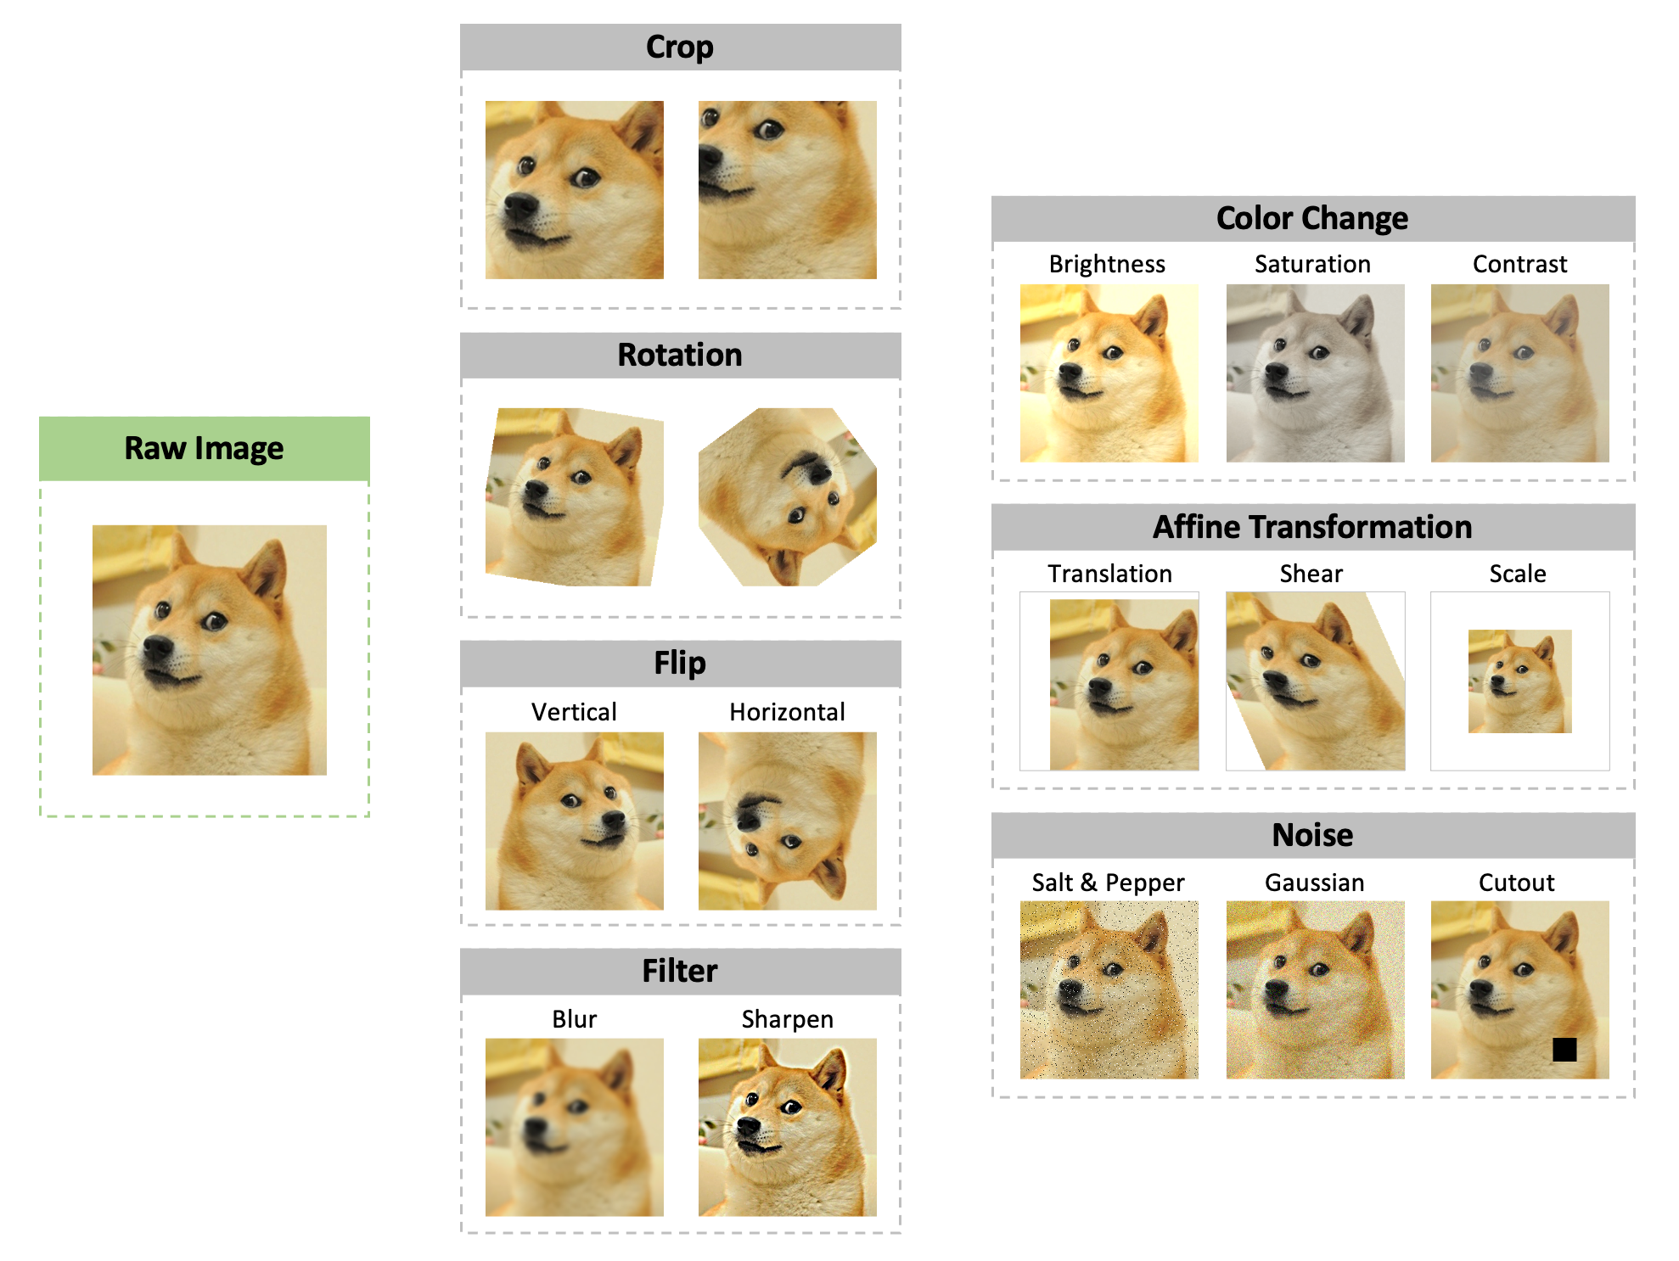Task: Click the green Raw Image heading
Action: pos(204,448)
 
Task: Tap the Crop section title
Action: pos(680,47)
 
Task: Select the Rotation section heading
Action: pos(680,355)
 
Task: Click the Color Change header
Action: pos(1312,218)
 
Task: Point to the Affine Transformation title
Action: pos(1312,527)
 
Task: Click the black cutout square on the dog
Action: pos(1564,1050)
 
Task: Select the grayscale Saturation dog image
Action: pos(1315,373)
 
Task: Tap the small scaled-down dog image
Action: pos(1520,681)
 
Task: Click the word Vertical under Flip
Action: pos(574,712)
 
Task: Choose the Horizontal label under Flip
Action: pos(787,712)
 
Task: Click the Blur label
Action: pos(574,1019)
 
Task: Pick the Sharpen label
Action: pos(788,1020)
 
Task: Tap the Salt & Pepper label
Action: pos(1108,883)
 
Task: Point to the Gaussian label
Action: pos(1315,883)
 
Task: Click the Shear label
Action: pos(1311,574)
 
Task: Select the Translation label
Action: pos(1109,574)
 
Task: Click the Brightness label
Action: pos(1107,265)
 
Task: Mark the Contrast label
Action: pos(1519,264)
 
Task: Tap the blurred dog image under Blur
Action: pos(575,1128)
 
